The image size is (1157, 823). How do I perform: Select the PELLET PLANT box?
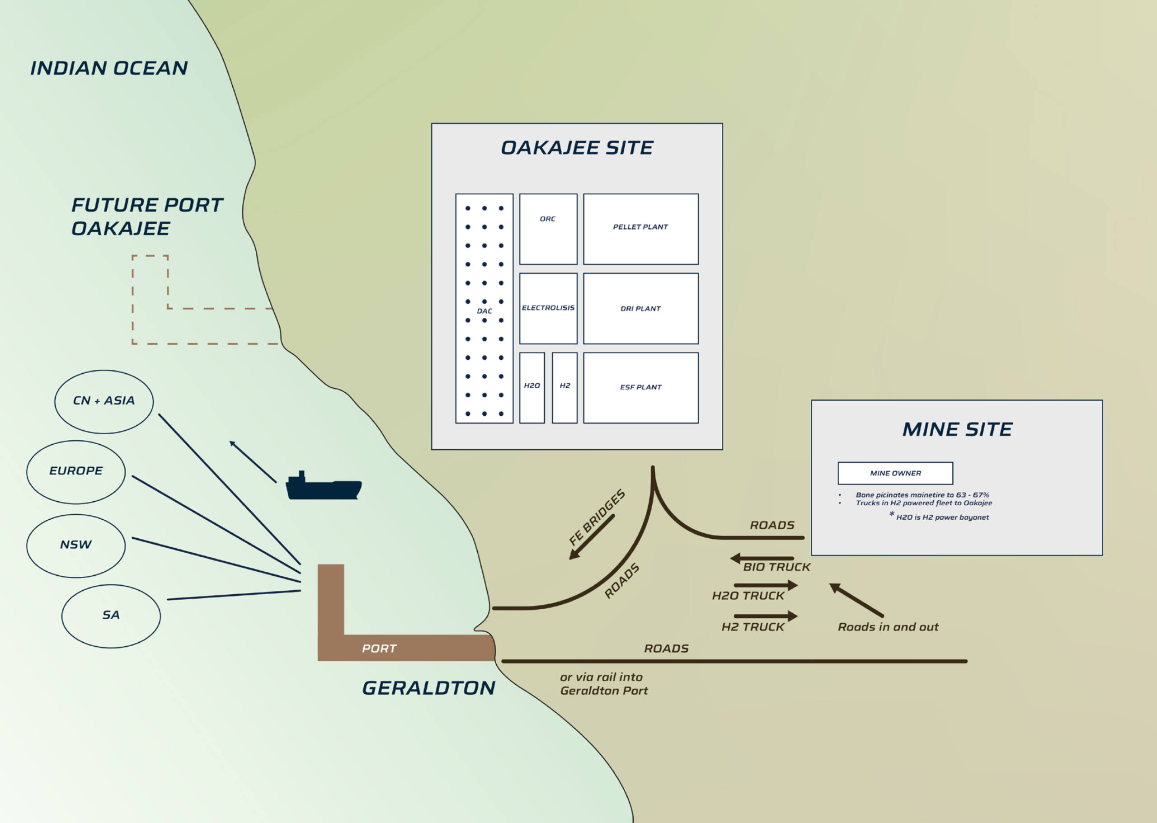click(640, 229)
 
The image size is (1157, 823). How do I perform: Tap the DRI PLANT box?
click(640, 309)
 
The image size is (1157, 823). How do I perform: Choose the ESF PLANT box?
click(640, 388)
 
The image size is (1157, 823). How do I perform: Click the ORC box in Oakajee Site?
click(548, 229)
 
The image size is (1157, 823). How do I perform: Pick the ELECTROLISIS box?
click(548, 309)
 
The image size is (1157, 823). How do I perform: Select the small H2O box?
click(531, 388)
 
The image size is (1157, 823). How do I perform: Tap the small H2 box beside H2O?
click(564, 388)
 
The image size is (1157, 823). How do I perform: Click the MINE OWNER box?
click(895, 473)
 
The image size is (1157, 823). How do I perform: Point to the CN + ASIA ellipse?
click(104, 401)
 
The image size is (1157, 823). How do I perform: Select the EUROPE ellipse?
click(76, 472)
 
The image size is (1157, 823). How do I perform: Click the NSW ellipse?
click(76, 546)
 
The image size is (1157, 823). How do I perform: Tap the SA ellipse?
click(111, 616)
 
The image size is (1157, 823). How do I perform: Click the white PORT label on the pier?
click(379, 649)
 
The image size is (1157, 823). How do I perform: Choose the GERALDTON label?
click(429, 688)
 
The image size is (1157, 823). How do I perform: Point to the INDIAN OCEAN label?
click(109, 68)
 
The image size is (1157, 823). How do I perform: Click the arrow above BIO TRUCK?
click(762, 559)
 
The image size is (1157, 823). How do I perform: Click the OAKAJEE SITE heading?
click(577, 148)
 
